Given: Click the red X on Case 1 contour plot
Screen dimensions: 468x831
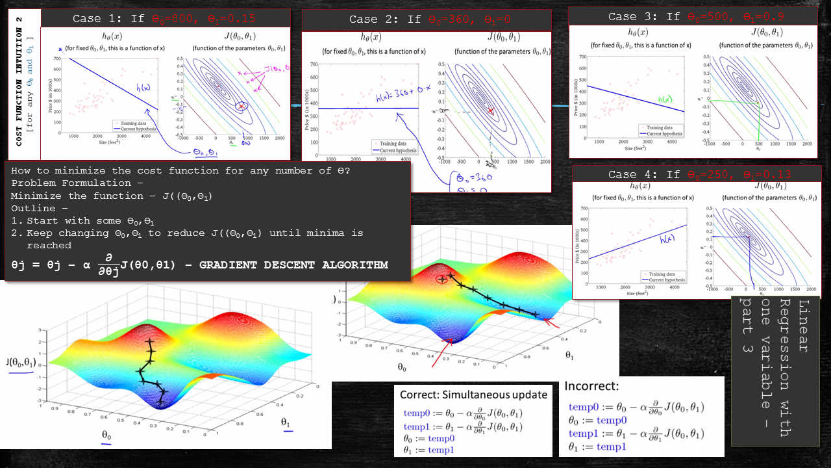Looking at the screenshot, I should point(242,106).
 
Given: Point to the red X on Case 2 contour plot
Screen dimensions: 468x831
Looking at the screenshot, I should point(490,111).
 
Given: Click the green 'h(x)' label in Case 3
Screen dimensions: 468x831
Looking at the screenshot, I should point(665,99).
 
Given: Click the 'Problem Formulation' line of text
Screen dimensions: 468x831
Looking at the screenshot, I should point(71,183).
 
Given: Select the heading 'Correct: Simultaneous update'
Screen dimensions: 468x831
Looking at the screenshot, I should point(473,395).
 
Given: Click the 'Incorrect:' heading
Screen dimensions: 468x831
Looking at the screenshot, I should point(591,386).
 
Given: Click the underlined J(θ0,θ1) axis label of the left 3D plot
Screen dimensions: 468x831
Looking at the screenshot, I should point(21,363).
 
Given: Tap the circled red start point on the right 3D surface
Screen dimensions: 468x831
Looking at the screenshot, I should point(442,279).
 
